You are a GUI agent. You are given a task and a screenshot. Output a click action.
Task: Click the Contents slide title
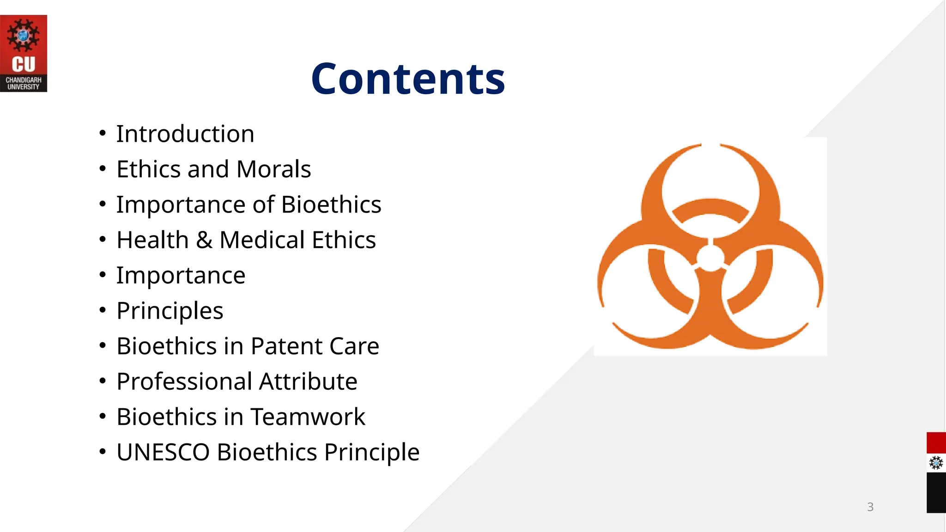(x=408, y=79)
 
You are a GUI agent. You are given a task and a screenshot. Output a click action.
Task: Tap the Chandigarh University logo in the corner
(x=23, y=53)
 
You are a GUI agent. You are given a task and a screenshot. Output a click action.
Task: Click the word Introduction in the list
(x=185, y=134)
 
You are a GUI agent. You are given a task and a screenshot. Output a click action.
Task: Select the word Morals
(x=273, y=169)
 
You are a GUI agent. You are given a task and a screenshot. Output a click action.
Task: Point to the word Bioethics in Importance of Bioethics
(x=331, y=205)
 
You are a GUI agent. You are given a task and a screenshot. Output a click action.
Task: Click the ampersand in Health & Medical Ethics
(x=204, y=240)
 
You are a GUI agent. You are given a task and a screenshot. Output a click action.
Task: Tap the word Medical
(x=262, y=240)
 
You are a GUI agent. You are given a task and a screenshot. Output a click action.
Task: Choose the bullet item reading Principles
(x=170, y=311)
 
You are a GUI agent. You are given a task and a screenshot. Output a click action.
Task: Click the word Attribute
(x=308, y=381)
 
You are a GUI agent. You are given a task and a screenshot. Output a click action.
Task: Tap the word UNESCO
(x=163, y=452)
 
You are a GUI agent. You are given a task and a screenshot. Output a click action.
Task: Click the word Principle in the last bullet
(x=372, y=452)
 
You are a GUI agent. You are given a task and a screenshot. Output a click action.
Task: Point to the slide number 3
(x=870, y=507)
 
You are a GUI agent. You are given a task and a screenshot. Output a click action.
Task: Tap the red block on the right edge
(x=936, y=443)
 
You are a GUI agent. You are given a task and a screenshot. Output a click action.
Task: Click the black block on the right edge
(x=936, y=492)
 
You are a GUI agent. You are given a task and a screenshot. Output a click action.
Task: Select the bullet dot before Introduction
(x=103, y=134)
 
